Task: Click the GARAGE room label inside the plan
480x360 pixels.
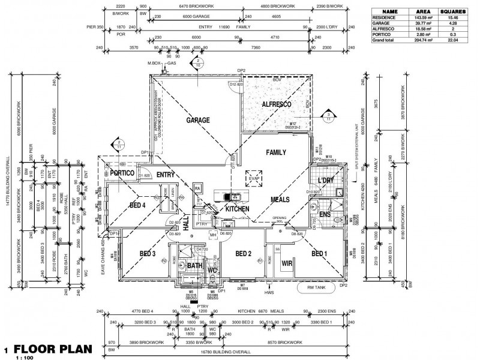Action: pos(197,120)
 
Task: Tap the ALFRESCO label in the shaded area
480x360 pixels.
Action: pos(277,104)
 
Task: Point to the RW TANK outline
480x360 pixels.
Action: pos(316,287)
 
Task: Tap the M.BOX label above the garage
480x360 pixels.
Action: pos(155,63)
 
